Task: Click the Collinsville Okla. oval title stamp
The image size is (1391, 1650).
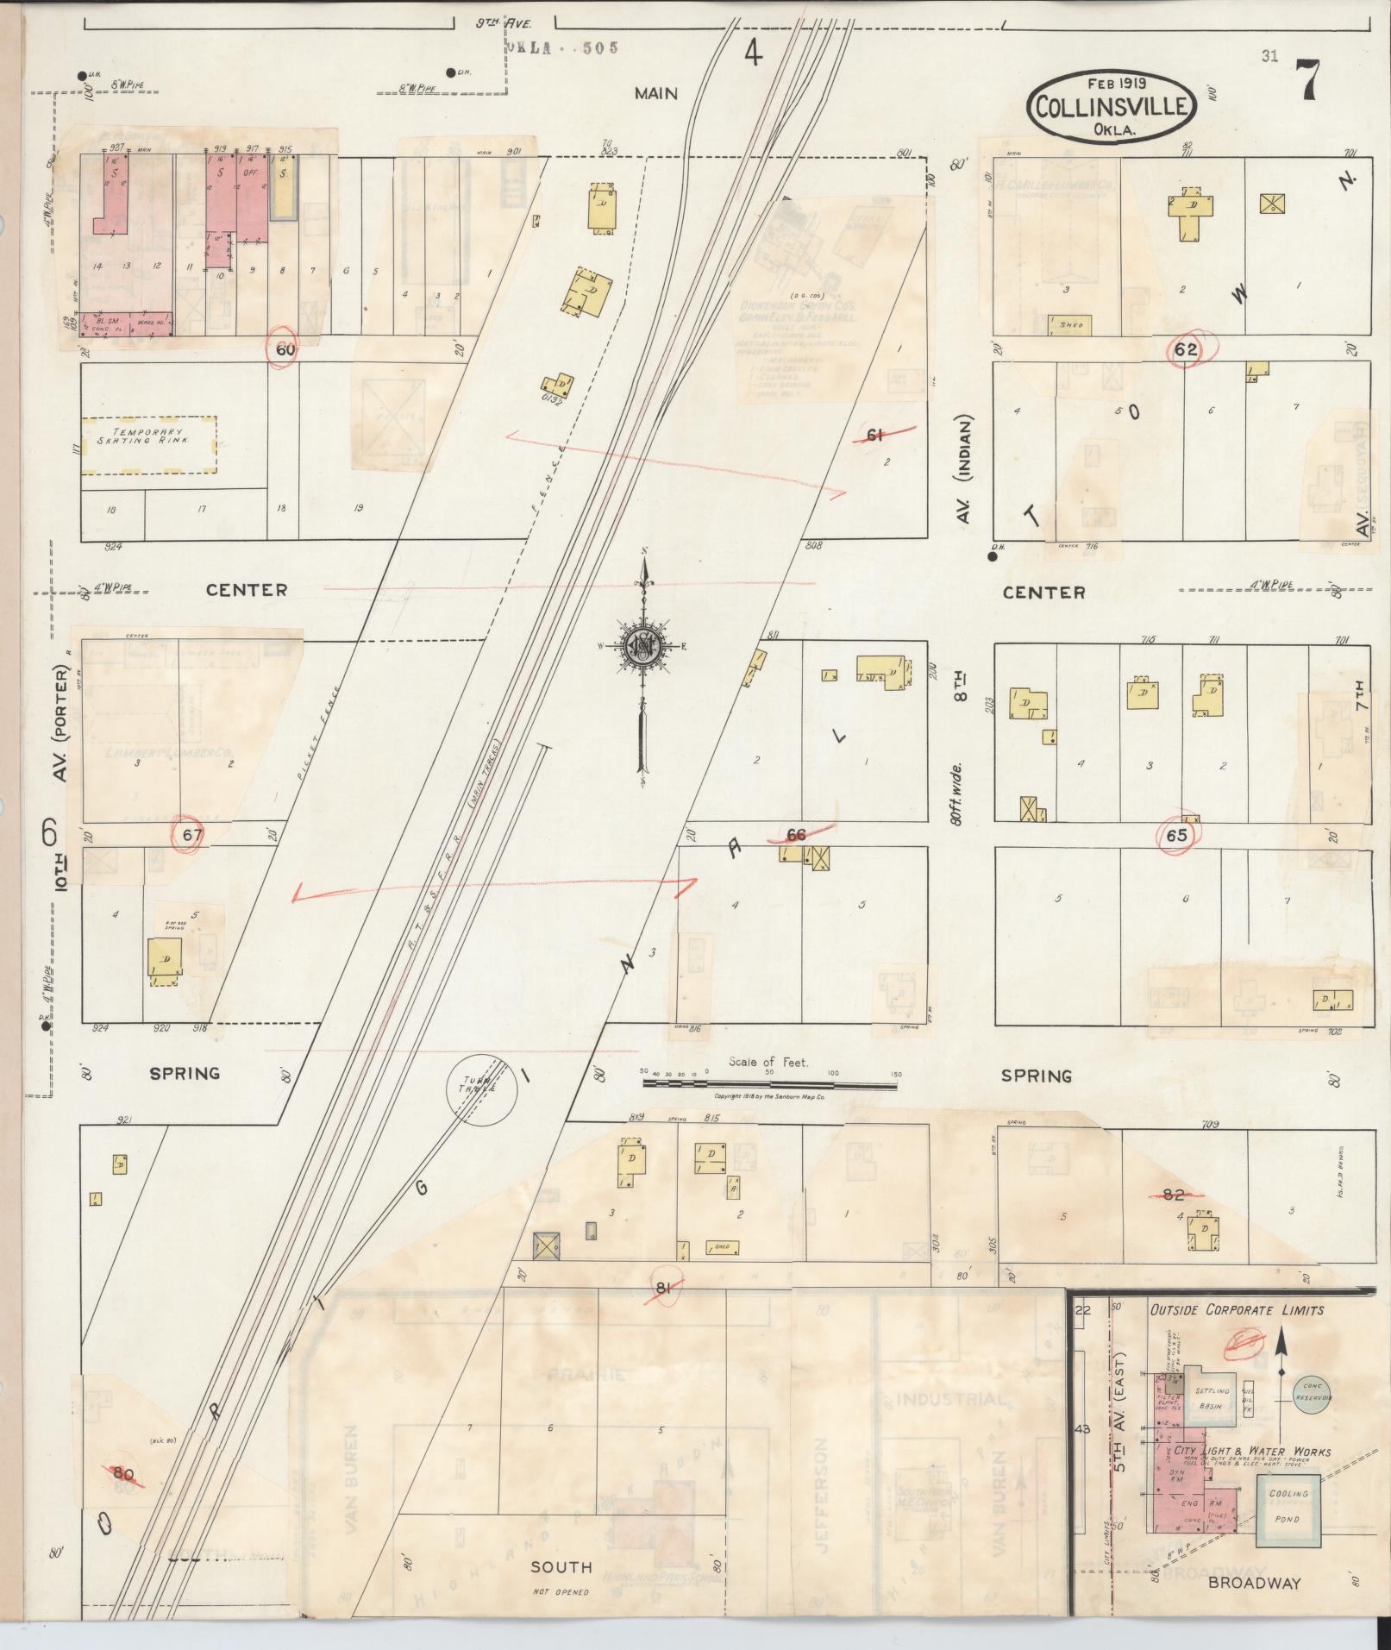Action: coord(1112,106)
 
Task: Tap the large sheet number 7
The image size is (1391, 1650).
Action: coord(1309,82)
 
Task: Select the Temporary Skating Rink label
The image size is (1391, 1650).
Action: coord(149,436)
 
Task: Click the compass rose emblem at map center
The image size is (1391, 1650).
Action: coord(643,645)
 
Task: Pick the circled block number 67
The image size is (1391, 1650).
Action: coord(188,835)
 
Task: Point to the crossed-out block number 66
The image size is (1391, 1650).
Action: coord(797,835)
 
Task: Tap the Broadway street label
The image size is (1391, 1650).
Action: coord(1254,1582)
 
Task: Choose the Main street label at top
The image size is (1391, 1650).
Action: coord(656,93)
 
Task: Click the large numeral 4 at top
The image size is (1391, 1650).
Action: coord(753,53)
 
